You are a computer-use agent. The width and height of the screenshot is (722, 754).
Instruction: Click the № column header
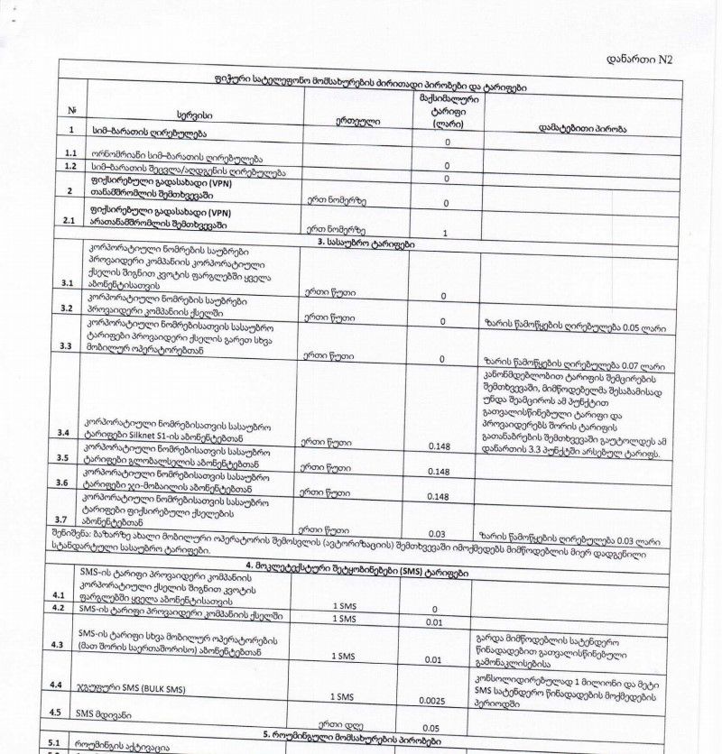click(71, 110)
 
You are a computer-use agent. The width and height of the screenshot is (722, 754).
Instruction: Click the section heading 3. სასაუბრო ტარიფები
click(366, 243)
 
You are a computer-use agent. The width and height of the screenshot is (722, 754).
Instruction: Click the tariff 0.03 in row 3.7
click(439, 534)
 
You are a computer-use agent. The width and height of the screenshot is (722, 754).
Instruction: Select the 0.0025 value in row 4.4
click(436, 698)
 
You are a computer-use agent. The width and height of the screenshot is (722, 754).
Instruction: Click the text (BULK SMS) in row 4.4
click(157, 689)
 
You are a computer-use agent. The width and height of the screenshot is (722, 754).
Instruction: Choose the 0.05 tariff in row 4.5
click(431, 727)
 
